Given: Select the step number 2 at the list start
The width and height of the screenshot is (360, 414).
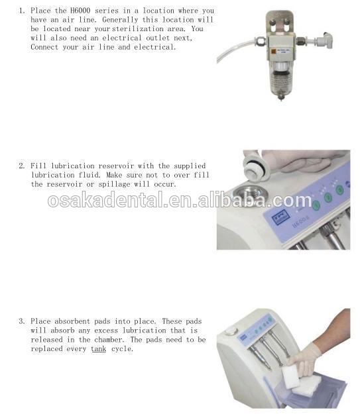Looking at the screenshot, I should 21,166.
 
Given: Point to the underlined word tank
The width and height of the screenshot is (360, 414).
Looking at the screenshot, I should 98,349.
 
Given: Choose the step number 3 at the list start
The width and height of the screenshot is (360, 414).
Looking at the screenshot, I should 21,321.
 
